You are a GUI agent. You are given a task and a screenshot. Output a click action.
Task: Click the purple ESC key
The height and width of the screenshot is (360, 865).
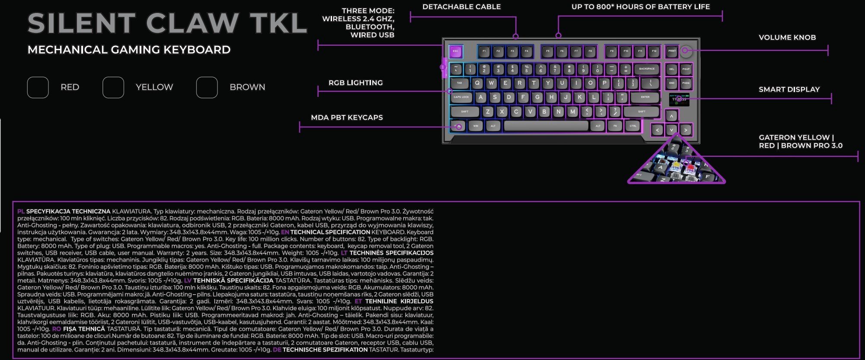pyautogui.click(x=455, y=51)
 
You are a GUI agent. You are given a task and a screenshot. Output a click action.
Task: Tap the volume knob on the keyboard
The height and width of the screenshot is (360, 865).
pyautogui.click(x=685, y=51)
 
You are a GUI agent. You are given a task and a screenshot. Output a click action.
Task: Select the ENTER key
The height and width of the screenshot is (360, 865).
pyautogui.click(x=645, y=97)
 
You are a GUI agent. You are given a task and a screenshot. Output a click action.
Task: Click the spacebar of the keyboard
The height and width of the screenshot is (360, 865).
pyautogui.click(x=546, y=126)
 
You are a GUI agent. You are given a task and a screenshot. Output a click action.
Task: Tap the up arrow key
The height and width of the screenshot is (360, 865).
pyautogui.click(x=671, y=116)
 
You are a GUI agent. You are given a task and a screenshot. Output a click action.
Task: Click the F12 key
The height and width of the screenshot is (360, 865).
pyautogui.click(x=654, y=51)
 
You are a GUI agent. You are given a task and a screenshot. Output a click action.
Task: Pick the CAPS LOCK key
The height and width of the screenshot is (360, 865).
pyautogui.click(x=461, y=97)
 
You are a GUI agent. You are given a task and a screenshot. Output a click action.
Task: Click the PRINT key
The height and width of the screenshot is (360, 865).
pyautogui.click(x=672, y=51)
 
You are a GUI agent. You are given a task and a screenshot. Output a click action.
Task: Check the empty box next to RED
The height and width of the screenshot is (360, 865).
pyautogui.click(x=38, y=87)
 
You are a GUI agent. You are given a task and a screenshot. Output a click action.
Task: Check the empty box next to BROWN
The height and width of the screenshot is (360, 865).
pyautogui.click(x=207, y=87)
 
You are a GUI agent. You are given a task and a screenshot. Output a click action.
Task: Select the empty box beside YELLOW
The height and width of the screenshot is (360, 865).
pyautogui.click(x=113, y=87)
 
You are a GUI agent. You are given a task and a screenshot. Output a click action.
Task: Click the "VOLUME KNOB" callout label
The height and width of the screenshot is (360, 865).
pyautogui.click(x=787, y=38)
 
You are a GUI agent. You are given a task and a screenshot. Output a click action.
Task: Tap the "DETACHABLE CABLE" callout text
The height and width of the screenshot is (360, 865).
pyautogui.click(x=461, y=7)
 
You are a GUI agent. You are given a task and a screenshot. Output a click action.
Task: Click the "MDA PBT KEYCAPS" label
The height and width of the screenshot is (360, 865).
pyautogui.click(x=347, y=118)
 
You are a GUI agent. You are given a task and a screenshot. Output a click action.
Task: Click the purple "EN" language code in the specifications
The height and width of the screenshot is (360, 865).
pyautogui.click(x=285, y=232)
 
